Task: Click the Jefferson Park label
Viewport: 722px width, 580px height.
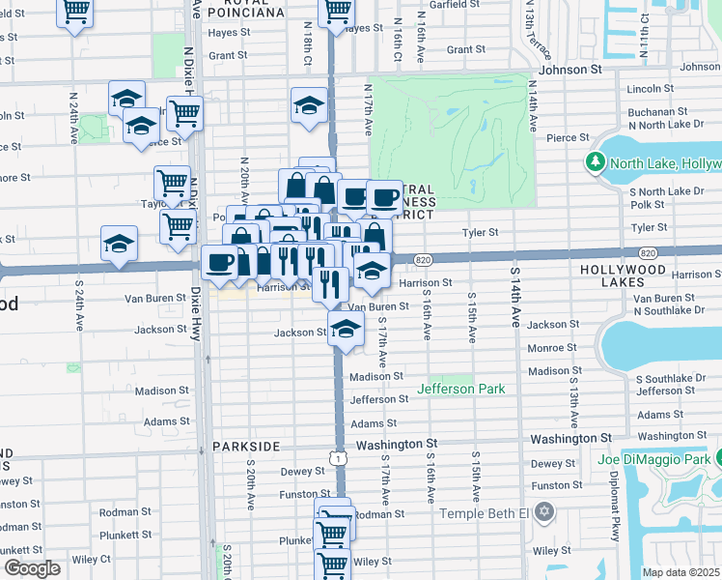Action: pos(460,389)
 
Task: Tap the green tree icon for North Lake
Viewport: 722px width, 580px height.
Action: pos(596,162)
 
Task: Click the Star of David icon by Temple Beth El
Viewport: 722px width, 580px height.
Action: pos(543,511)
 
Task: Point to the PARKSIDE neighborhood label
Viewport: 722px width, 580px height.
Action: pos(246,446)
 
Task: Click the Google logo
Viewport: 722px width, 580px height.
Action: pos(32,567)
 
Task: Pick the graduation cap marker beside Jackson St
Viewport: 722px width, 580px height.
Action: pos(346,330)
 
